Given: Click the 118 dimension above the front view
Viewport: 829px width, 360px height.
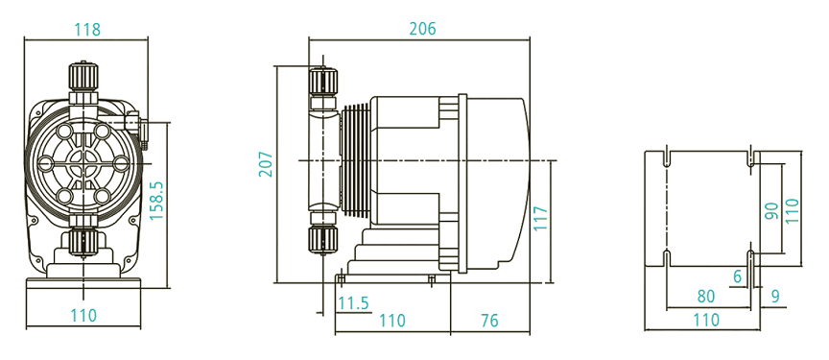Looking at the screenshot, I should click(87, 29).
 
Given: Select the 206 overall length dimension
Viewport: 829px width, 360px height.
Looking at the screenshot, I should click(422, 29).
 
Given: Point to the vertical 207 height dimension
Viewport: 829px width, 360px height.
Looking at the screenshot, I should click(267, 164).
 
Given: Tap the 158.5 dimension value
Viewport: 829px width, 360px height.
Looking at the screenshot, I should click(157, 202).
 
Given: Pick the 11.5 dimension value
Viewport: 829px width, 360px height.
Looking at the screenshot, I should click(353, 303).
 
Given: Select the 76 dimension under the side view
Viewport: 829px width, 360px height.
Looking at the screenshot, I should click(488, 321).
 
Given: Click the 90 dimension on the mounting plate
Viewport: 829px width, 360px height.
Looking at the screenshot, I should click(770, 210).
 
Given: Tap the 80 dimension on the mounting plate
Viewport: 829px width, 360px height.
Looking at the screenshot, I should click(706, 296).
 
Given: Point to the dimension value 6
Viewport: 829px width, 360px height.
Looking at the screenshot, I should click(737, 276).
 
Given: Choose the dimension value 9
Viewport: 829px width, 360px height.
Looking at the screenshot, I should click(774, 296).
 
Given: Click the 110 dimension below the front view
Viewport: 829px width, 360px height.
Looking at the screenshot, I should click(83, 315).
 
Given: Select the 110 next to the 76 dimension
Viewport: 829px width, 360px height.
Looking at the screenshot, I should click(392, 321).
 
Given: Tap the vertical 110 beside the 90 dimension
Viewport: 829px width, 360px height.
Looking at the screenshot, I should click(792, 210).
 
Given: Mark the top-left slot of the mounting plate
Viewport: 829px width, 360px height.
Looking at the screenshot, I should click(667, 156).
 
